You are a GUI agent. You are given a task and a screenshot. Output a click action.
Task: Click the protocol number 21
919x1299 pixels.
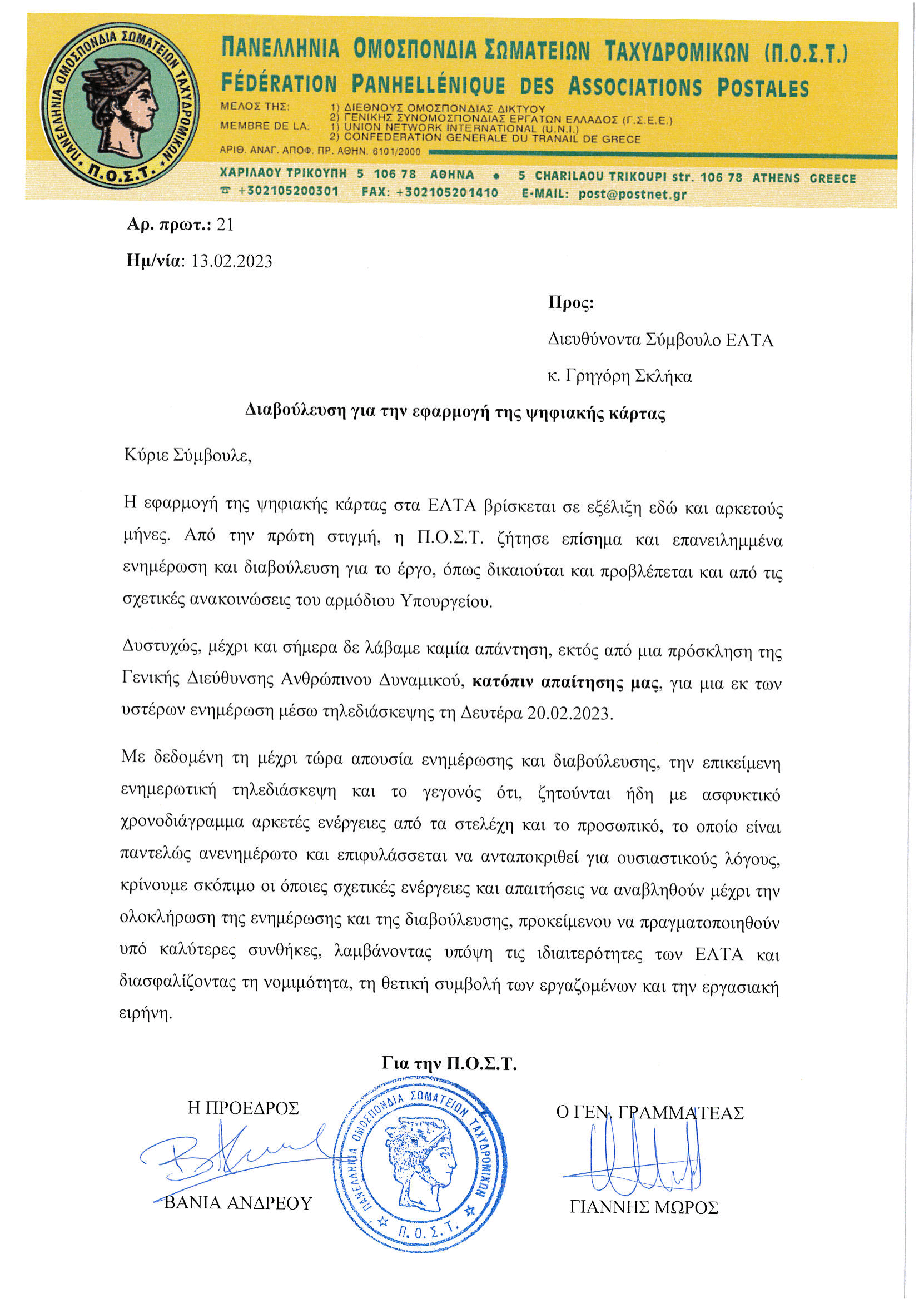pos(225,225)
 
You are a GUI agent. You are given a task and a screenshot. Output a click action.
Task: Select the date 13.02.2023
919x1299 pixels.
pos(231,261)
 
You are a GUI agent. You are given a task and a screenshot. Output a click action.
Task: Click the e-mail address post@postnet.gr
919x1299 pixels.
pos(632,194)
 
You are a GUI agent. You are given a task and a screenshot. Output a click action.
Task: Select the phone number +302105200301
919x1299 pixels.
pos(288,191)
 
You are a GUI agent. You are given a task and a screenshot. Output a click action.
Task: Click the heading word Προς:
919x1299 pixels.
pos(571,303)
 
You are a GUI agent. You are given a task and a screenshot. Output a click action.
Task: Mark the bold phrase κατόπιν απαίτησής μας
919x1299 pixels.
pos(566,683)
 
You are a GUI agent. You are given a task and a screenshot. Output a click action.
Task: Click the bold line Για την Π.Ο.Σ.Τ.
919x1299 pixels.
pos(449,1064)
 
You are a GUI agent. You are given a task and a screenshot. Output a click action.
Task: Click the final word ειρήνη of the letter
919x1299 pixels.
pos(145,1013)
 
